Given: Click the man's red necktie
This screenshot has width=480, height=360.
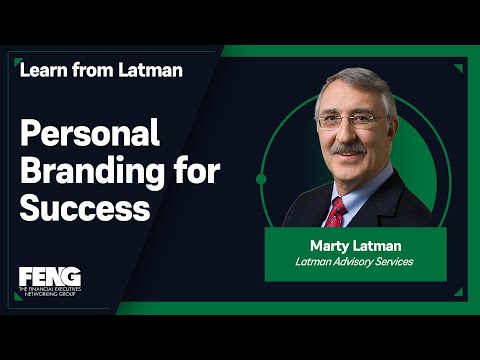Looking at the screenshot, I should tap(336, 213).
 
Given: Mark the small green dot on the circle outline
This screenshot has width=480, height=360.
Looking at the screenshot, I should tap(261, 179).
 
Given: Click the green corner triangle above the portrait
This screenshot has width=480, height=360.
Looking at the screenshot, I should tap(458, 69).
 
